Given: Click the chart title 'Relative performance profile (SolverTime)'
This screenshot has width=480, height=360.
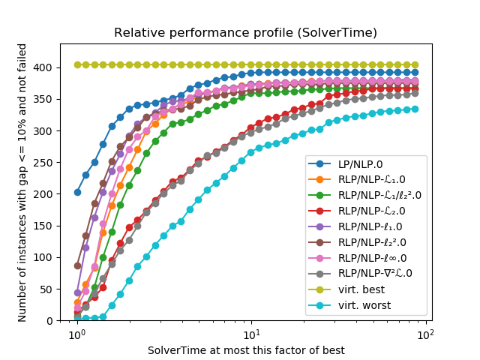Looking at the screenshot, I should pos(244,33).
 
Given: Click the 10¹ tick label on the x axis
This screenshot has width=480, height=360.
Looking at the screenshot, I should pos(251,332).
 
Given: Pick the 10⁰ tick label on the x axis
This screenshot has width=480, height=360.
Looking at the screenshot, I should pos(76,332).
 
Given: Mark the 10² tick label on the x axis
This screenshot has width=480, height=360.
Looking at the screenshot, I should pos(427,332).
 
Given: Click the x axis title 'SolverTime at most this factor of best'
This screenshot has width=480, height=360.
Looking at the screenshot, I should pos(246,350).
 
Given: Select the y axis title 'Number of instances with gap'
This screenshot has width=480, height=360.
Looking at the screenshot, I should pos(22,193).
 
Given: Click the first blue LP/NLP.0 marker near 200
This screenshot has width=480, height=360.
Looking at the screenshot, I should pos(77,192).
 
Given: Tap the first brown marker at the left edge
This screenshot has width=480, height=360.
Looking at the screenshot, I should pos(77,265).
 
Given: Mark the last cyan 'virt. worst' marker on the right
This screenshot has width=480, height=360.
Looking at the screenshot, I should pos(415,109).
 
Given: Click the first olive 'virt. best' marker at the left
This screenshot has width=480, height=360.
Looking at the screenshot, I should pos(77,64).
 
